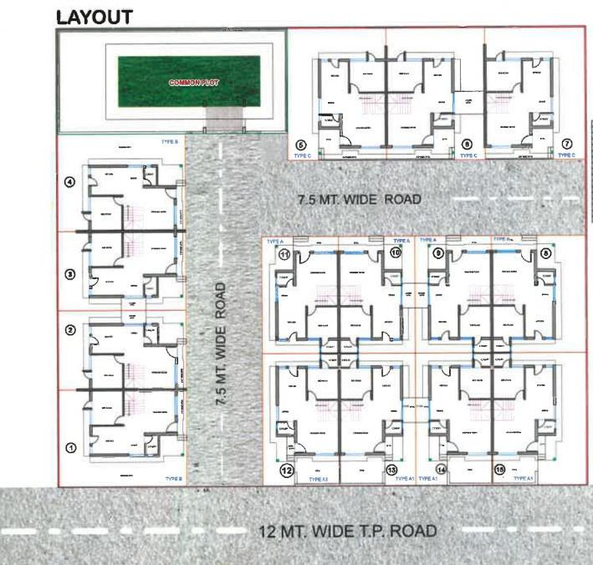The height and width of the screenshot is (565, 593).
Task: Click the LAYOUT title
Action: click(93, 17)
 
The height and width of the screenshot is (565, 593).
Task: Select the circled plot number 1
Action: click(71, 448)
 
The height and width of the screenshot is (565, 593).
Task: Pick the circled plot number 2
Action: click(71, 330)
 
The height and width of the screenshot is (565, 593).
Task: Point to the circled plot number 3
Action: click(71, 274)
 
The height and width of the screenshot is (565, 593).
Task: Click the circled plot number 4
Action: click(71, 183)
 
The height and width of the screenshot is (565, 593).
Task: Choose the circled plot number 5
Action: click(301, 145)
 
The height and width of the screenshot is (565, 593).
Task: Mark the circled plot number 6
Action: click(468, 145)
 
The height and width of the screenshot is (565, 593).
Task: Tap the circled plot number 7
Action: click(567, 145)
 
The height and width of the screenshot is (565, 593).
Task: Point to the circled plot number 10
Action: click(396, 252)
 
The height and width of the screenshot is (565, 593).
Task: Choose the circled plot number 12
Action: click(286, 470)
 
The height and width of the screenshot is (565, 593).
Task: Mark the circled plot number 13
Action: click(393, 470)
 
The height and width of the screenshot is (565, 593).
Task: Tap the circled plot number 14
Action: click(442, 470)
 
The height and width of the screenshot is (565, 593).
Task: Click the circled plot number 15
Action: click(500, 470)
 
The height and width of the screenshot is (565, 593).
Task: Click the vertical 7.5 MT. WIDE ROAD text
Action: click(221, 344)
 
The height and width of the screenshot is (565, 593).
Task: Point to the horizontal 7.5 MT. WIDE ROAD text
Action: click(360, 200)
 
